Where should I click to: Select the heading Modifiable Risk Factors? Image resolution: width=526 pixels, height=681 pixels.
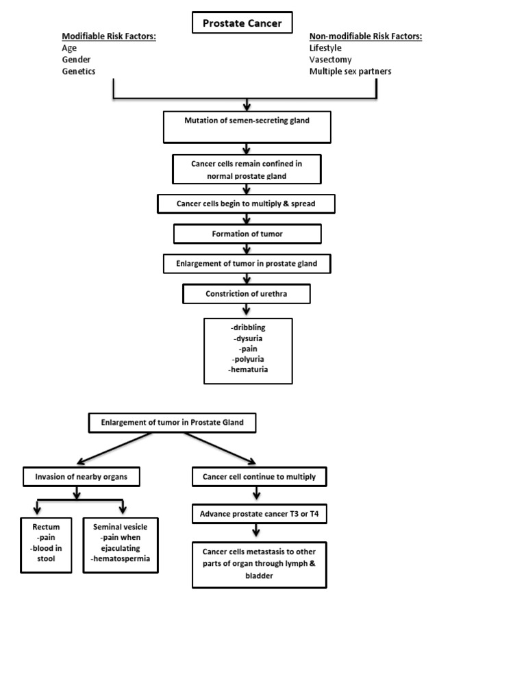(x=109, y=36)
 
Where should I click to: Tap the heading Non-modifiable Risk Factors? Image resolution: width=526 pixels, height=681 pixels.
(x=365, y=36)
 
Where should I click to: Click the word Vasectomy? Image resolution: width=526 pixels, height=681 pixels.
(x=330, y=60)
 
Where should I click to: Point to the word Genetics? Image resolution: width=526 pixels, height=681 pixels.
(x=79, y=71)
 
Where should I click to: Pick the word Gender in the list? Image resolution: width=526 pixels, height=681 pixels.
(x=77, y=60)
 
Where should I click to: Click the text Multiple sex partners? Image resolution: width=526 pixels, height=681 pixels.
(x=350, y=71)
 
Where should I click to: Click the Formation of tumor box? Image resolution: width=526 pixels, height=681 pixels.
(x=247, y=234)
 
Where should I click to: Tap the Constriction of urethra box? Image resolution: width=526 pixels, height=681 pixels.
(x=247, y=294)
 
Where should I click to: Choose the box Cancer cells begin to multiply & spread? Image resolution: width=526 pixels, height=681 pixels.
(x=247, y=204)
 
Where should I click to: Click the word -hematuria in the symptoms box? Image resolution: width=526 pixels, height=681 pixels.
(x=248, y=369)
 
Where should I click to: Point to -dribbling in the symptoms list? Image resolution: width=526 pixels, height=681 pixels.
(x=248, y=327)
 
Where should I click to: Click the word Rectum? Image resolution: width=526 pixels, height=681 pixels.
(x=47, y=527)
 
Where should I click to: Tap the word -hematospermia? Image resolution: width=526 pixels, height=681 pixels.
(x=121, y=559)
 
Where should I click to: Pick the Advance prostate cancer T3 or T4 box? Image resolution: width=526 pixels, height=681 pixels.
(x=259, y=514)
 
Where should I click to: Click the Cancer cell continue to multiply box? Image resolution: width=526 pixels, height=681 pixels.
(x=259, y=476)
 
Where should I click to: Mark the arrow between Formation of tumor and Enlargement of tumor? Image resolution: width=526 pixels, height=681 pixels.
(x=247, y=249)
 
